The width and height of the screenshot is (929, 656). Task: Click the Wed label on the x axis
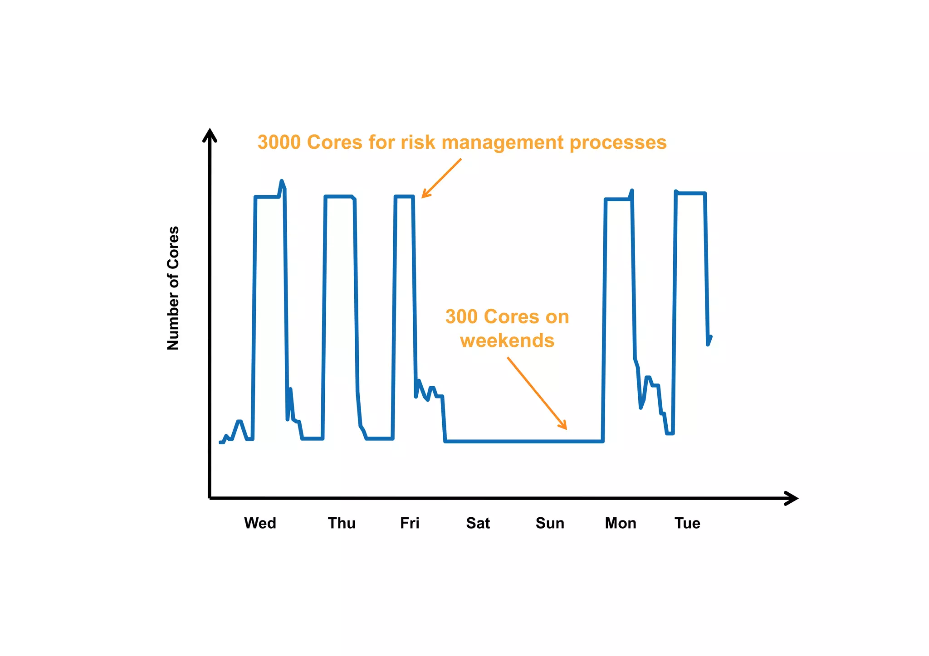260,523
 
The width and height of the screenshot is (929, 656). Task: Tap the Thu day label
342,523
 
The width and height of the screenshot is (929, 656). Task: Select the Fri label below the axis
410,523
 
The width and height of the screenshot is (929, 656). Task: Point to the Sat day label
478,523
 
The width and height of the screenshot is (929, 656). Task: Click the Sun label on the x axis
550,523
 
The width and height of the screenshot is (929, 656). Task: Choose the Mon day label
620,523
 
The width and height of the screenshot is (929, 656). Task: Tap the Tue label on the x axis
687,523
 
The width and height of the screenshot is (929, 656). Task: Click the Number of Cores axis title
173,288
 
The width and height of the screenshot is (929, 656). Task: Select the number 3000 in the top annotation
279,142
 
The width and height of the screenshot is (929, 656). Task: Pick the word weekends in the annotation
507,340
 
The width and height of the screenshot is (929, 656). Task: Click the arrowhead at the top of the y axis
209,135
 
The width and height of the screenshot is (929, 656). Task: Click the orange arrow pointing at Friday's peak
441,178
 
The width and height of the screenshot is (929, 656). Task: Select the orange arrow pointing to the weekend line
537,393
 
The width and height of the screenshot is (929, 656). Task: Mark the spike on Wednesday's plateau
282,181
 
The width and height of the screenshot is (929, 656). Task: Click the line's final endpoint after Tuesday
711,337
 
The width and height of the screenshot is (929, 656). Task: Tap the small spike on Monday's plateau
632,191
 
